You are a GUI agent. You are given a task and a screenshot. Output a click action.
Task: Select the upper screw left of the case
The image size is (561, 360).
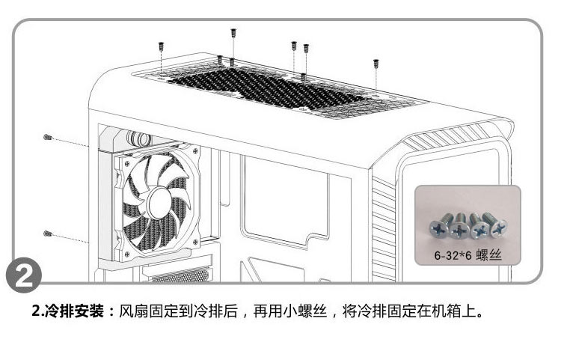pyautogui.click(x=47, y=138)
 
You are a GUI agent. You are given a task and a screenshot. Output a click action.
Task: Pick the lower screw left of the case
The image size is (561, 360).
pyautogui.click(x=47, y=234)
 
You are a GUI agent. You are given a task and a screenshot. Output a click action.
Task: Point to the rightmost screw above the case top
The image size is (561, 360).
pyautogui.click(x=375, y=65)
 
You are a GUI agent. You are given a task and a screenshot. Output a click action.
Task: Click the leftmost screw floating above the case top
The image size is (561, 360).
pyautogui.click(x=162, y=47)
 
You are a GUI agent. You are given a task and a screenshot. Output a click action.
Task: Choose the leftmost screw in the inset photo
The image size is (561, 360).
pyautogui.click(x=438, y=227)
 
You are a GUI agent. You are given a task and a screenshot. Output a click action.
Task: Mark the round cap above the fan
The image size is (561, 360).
pyautogui.click(x=138, y=138)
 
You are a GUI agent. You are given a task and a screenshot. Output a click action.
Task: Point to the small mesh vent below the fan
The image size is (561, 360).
pyautogui.click(x=180, y=276)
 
